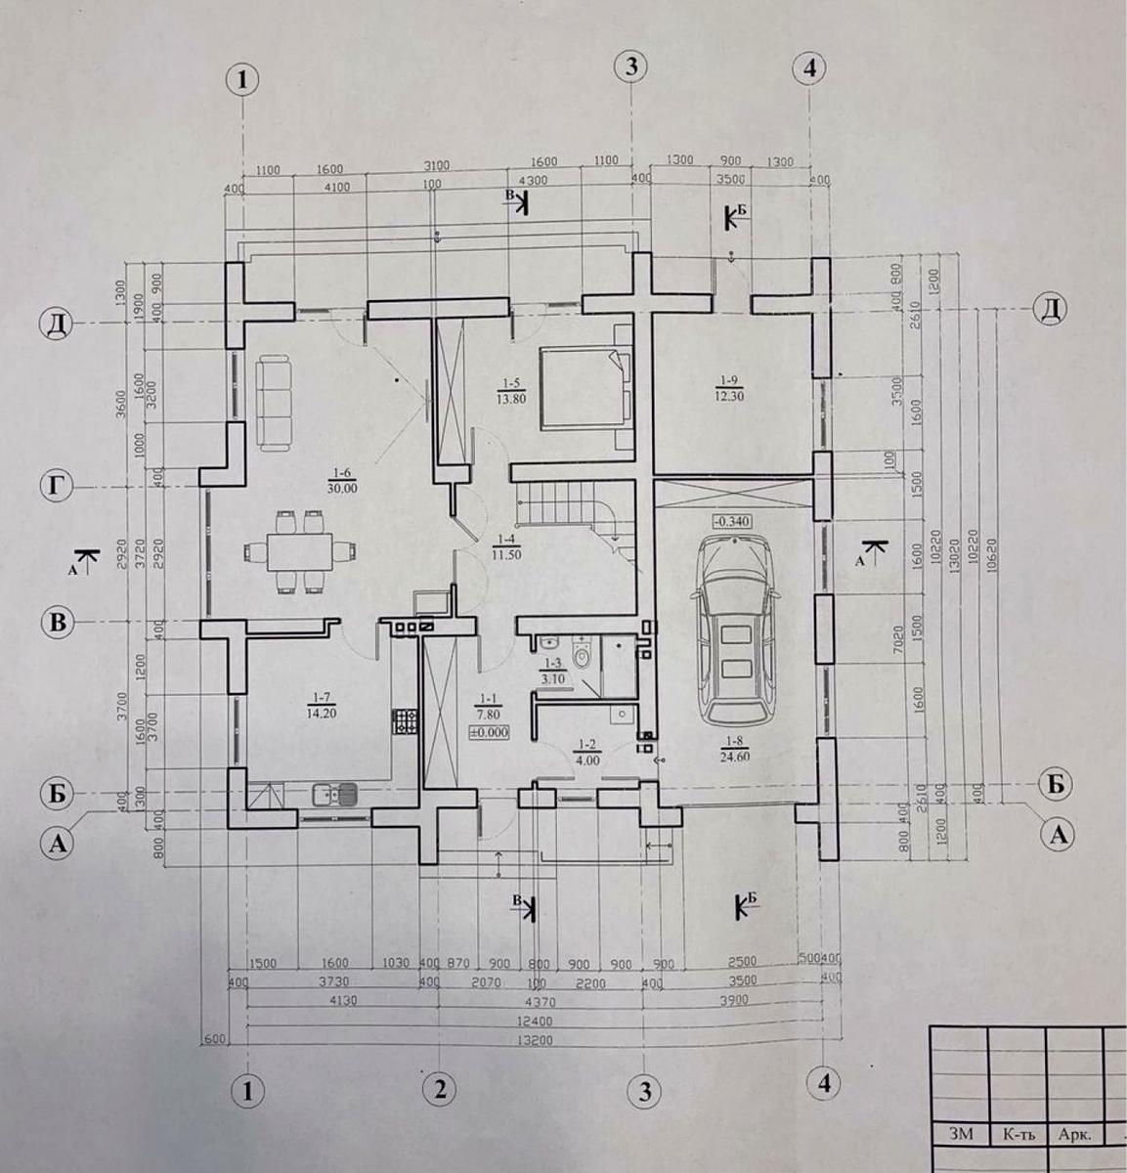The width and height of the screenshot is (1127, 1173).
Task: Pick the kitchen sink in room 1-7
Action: pos(334,795)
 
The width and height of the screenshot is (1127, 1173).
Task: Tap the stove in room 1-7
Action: pos(402,722)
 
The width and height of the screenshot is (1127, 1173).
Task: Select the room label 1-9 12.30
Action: pos(730,386)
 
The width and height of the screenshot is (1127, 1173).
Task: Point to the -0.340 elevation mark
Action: pos(733,522)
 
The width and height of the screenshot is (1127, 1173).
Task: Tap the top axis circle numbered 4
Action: pos(809,68)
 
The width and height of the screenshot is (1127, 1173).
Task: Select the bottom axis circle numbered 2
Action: pos(440,1086)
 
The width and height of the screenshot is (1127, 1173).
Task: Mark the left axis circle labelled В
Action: pos(59,622)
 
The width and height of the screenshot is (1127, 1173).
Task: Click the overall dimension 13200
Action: pos(536,1041)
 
